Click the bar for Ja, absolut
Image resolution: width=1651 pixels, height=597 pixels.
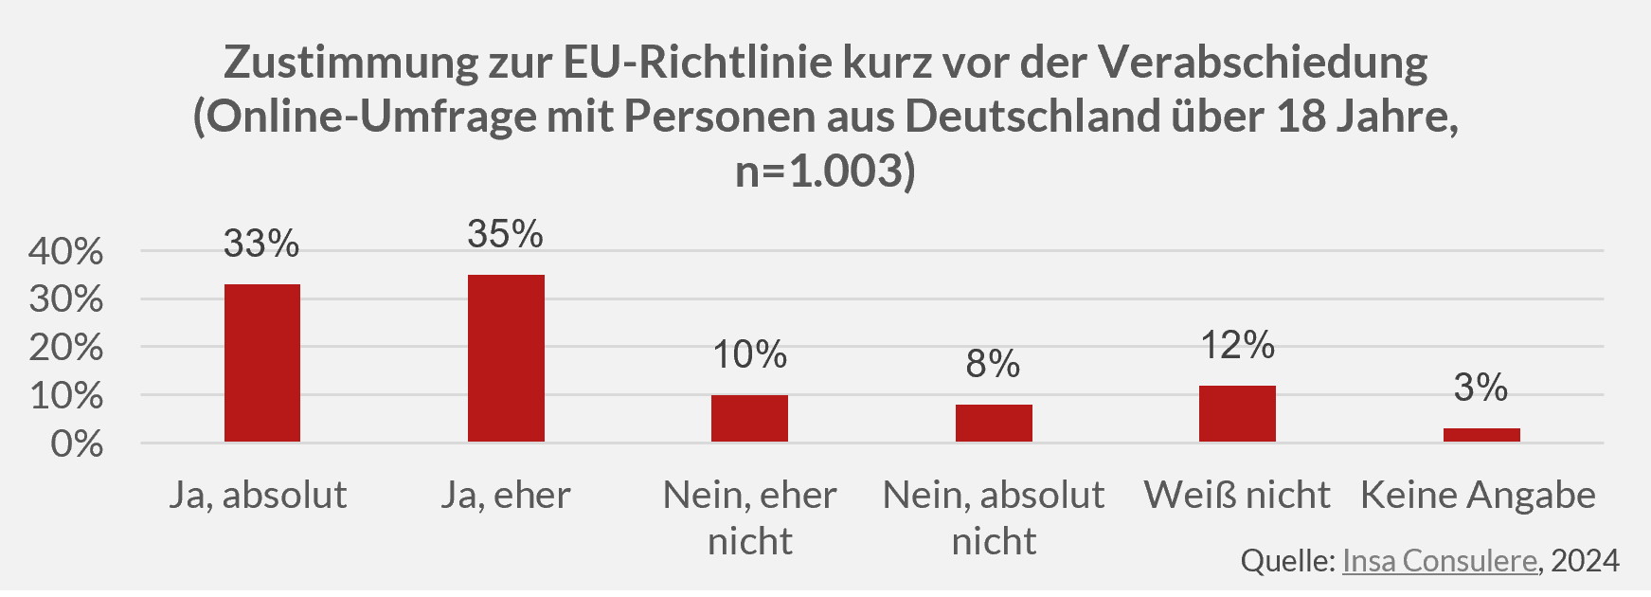coord(262,363)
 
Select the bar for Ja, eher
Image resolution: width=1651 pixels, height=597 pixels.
coord(506,358)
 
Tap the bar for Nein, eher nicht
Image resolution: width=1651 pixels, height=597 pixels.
coord(749,418)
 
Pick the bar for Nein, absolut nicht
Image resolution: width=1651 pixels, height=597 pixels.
coord(994,423)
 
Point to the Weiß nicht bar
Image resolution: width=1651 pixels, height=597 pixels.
coord(1237,413)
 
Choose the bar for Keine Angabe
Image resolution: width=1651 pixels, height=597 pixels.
coord(1481,435)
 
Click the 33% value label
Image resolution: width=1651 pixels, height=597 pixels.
coord(261,244)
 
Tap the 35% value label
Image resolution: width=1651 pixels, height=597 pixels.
coord(505,234)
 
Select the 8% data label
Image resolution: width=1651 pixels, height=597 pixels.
coord(993,364)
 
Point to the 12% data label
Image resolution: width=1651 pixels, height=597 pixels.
coord(1237,345)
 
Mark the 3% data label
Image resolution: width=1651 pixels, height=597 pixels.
coord(1481,388)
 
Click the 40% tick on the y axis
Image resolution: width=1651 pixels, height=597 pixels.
coord(65,251)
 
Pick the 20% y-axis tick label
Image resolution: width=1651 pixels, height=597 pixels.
coord(65,348)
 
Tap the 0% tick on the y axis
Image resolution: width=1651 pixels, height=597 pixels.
coord(77,443)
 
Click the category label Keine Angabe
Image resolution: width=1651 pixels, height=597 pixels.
coord(1478,495)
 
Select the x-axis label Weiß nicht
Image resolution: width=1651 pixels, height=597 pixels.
coord(1237,495)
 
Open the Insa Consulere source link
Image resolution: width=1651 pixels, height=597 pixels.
coord(1439,561)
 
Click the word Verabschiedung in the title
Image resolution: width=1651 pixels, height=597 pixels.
coord(1263,63)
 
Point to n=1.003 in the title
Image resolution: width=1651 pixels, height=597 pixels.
coord(825,172)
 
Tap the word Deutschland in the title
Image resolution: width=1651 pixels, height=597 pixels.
coord(1032,117)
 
